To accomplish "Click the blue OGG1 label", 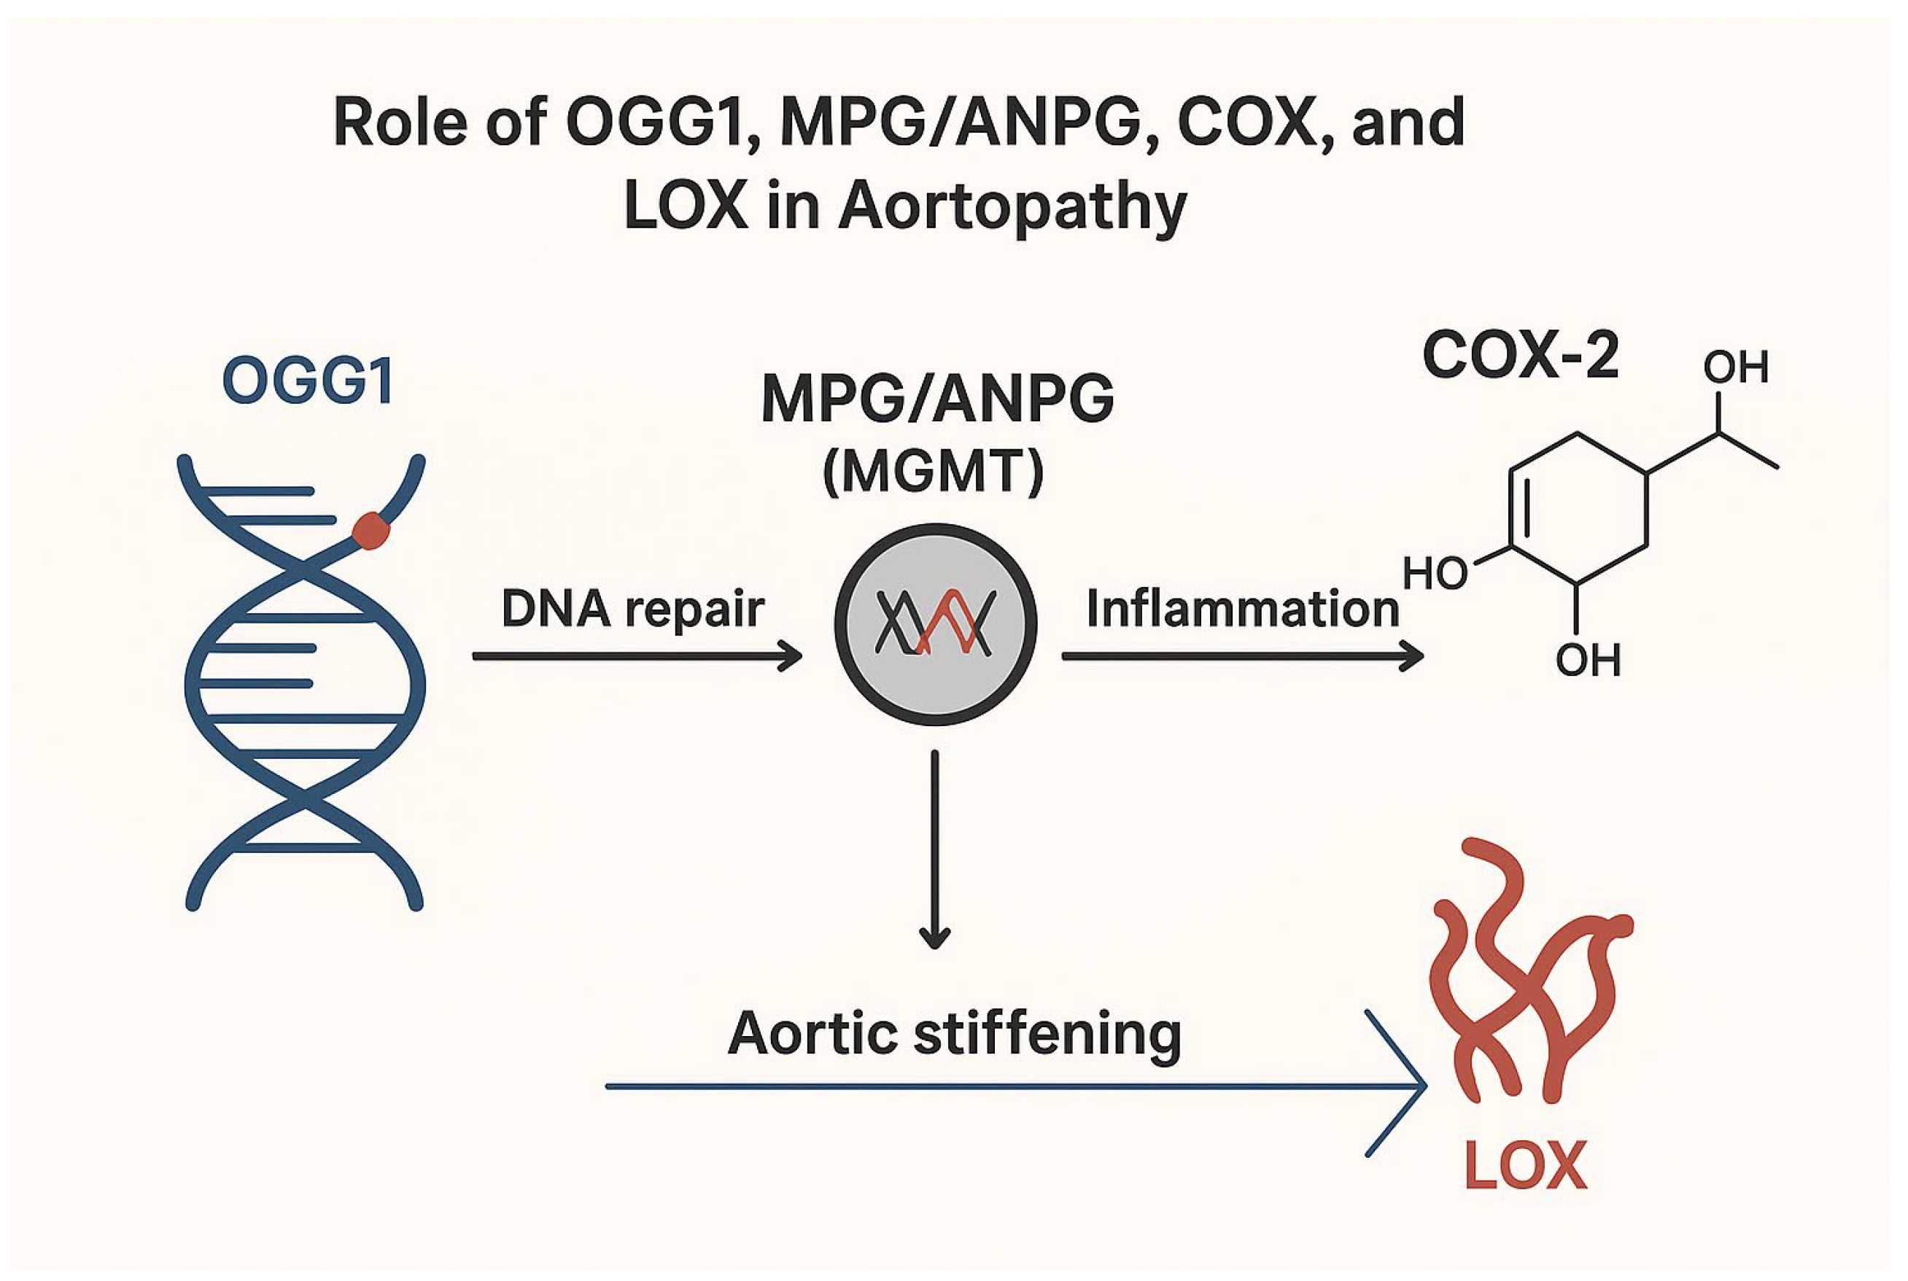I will [308, 381].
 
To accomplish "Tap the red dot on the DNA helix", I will [371, 531].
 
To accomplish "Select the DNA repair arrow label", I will [633, 609].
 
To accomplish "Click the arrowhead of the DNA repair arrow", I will [791, 656].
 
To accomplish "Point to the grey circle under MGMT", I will [935, 624].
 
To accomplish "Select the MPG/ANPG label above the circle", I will [937, 399].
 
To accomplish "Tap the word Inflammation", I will [1242, 610].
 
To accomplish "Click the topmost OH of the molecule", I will [1736, 367].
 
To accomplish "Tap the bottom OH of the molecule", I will [1588, 660].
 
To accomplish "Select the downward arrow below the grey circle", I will [935, 849].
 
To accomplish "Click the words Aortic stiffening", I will [955, 1033].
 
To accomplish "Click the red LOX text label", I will [1525, 1167].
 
